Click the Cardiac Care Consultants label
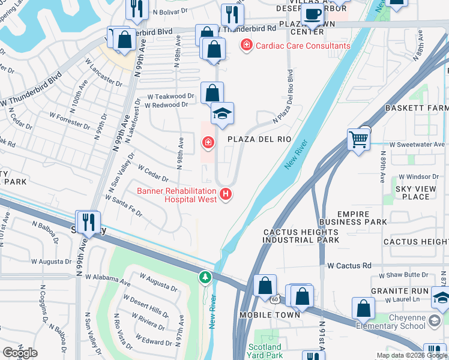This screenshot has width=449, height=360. tap(303, 46)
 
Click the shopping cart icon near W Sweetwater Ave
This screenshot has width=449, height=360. tap(358, 140)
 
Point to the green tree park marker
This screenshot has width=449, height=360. tap(205, 277)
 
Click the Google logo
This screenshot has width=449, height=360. tap(20, 352)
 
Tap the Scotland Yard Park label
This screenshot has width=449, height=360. tap(265, 351)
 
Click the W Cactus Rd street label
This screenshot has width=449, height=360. tap(349, 266)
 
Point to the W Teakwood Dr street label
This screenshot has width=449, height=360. tap(170, 96)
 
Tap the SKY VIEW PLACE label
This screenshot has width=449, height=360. tap(416, 193)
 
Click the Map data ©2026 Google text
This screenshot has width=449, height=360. tap(411, 356)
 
